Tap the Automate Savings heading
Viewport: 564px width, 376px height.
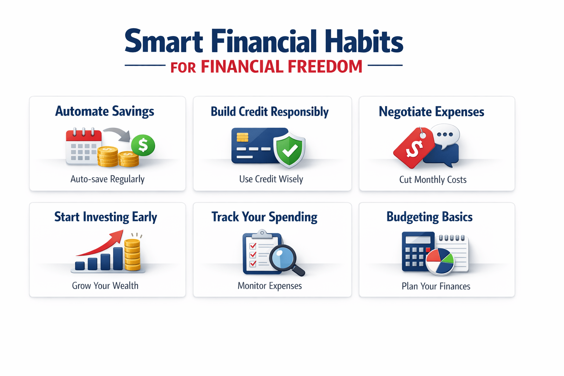[105, 111]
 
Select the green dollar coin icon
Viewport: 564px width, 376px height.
[143, 145]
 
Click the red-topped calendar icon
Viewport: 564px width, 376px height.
[83, 146]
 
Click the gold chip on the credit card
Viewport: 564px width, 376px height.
[242, 137]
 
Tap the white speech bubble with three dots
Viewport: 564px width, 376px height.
[445, 135]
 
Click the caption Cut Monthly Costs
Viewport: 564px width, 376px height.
[433, 180]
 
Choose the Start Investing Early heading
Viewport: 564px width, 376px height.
[106, 217]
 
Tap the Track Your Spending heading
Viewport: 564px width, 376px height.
[264, 217]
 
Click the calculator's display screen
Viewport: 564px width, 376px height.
[418, 240]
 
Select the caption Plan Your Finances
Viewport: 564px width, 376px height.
[436, 286]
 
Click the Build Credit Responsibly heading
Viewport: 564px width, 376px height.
[270, 112]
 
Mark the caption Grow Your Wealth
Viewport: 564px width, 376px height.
[105, 286]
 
